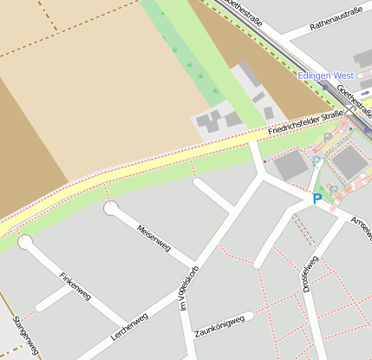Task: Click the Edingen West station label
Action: (326, 76)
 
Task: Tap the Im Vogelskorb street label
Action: (188, 287)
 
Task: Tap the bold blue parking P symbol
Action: (317, 199)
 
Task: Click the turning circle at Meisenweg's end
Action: (111, 208)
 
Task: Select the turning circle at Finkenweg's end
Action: (25, 242)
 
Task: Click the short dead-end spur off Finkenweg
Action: (54, 298)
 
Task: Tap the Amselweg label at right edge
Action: (360, 232)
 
